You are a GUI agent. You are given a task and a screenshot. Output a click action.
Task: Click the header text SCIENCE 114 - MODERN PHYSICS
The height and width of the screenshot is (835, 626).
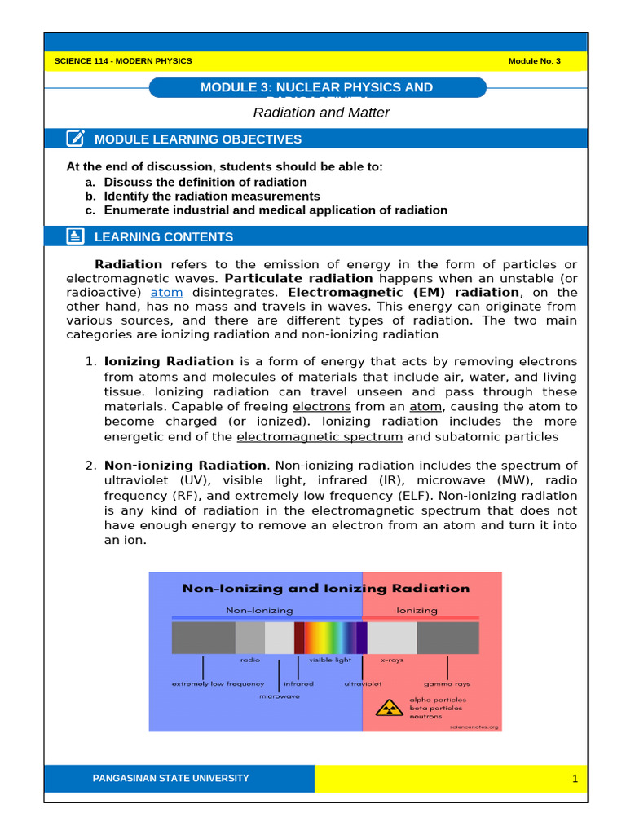pyautogui.click(x=122, y=62)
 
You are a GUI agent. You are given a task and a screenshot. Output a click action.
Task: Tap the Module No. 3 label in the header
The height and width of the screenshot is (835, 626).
pyautogui.click(x=534, y=62)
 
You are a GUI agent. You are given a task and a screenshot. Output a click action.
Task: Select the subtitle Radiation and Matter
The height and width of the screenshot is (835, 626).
pyautogui.click(x=321, y=113)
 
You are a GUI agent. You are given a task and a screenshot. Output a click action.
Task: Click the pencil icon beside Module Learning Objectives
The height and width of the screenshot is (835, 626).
pyautogui.click(x=75, y=139)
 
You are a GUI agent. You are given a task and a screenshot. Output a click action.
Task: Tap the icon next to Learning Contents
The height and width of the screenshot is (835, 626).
pyautogui.click(x=75, y=236)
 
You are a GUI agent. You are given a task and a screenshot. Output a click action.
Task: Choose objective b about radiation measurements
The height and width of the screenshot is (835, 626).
pyautogui.click(x=211, y=197)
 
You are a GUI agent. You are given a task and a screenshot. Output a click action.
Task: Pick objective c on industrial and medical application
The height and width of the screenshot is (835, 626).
pyautogui.click(x=275, y=210)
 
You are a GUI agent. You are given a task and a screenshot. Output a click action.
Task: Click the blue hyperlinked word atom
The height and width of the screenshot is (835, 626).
pyautogui.click(x=167, y=293)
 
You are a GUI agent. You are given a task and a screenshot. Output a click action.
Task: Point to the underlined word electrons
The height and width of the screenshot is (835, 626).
pyautogui.click(x=322, y=406)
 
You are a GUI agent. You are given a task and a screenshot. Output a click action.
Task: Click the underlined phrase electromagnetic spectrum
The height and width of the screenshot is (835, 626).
pyautogui.click(x=320, y=436)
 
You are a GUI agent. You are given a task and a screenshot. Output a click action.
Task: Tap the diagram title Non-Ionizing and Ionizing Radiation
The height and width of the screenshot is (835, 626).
pyautogui.click(x=325, y=588)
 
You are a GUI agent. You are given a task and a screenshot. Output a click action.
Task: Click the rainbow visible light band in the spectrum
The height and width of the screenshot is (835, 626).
pyautogui.click(x=330, y=638)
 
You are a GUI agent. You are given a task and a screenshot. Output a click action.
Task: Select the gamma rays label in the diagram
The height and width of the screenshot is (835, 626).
pyautogui.click(x=447, y=684)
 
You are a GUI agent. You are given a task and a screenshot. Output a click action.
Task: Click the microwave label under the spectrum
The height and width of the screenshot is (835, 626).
pyautogui.click(x=279, y=697)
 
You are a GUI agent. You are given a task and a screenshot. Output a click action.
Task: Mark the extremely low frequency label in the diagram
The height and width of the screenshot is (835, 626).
pyautogui.click(x=218, y=684)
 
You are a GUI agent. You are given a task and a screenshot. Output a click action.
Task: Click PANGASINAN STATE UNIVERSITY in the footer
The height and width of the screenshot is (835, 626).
pyautogui.click(x=171, y=779)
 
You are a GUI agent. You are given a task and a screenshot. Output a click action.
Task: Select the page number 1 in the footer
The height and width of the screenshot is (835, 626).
pyautogui.click(x=575, y=780)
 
